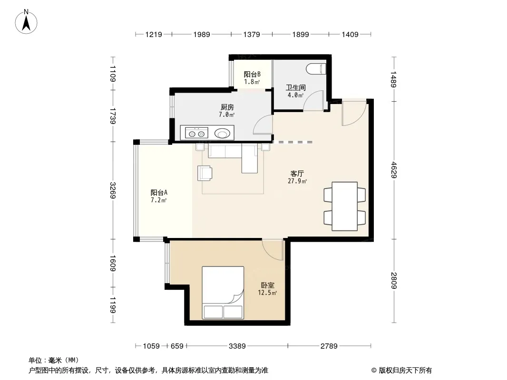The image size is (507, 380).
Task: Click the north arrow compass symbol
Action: [x=26, y=22]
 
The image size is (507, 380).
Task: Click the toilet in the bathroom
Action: [x=316, y=69]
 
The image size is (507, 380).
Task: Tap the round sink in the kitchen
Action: [x=222, y=133]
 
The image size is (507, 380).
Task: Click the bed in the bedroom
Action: [x=223, y=293]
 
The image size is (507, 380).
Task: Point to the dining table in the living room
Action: [x=345, y=206]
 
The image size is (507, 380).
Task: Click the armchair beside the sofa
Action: [x=205, y=173]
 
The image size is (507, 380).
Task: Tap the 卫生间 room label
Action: [x=295, y=87]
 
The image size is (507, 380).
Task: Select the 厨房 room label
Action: [x=227, y=107]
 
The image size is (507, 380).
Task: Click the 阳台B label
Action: [x=252, y=74]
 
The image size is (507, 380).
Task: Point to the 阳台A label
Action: [x=159, y=193]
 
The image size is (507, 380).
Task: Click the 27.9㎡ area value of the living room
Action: [x=297, y=181]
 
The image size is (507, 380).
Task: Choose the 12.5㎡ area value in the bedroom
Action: [x=267, y=293]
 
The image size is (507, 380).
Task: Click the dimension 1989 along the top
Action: [x=202, y=34]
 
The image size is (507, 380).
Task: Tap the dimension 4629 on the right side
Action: [x=393, y=170]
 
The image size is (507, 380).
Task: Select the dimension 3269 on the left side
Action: [x=113, y=190]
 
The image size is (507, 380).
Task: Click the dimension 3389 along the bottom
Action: [x=237, y=346]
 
